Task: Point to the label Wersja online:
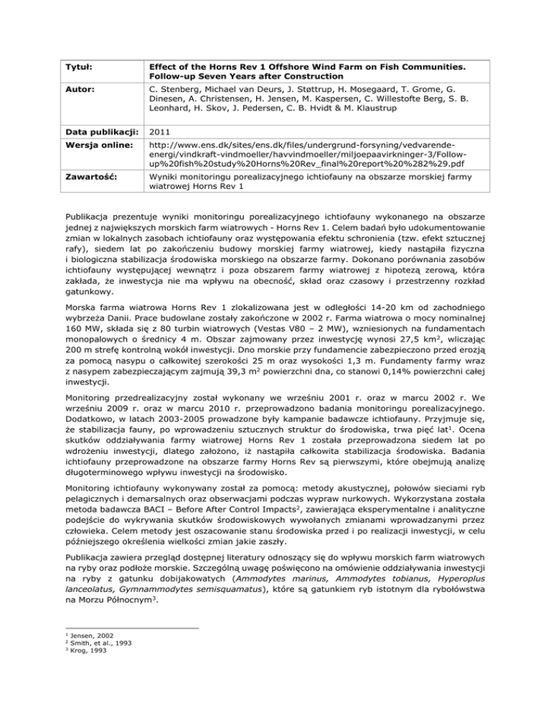click(92, 157)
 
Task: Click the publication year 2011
click(161, 142)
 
